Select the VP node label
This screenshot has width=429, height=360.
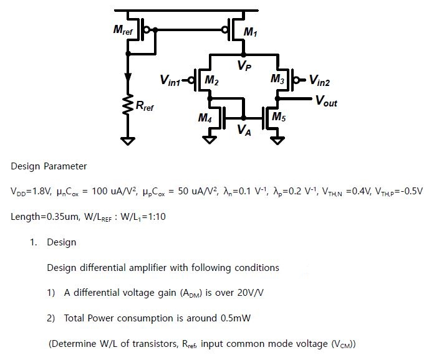tap(244, 66)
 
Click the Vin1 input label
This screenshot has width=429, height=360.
tap(171, 80)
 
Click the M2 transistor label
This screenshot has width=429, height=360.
tap(212, 80)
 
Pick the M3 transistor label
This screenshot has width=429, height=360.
tap(277, 78)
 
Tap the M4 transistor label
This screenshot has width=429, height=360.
tap(206, 117)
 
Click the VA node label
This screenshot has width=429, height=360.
tap(244, 130)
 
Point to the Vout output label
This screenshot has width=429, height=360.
tap(326, 101)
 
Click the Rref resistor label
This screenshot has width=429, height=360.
tap(144, 107)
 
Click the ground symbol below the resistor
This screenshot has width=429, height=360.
tap(128, 140)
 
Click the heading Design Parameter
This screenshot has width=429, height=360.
tap(49, 167)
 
